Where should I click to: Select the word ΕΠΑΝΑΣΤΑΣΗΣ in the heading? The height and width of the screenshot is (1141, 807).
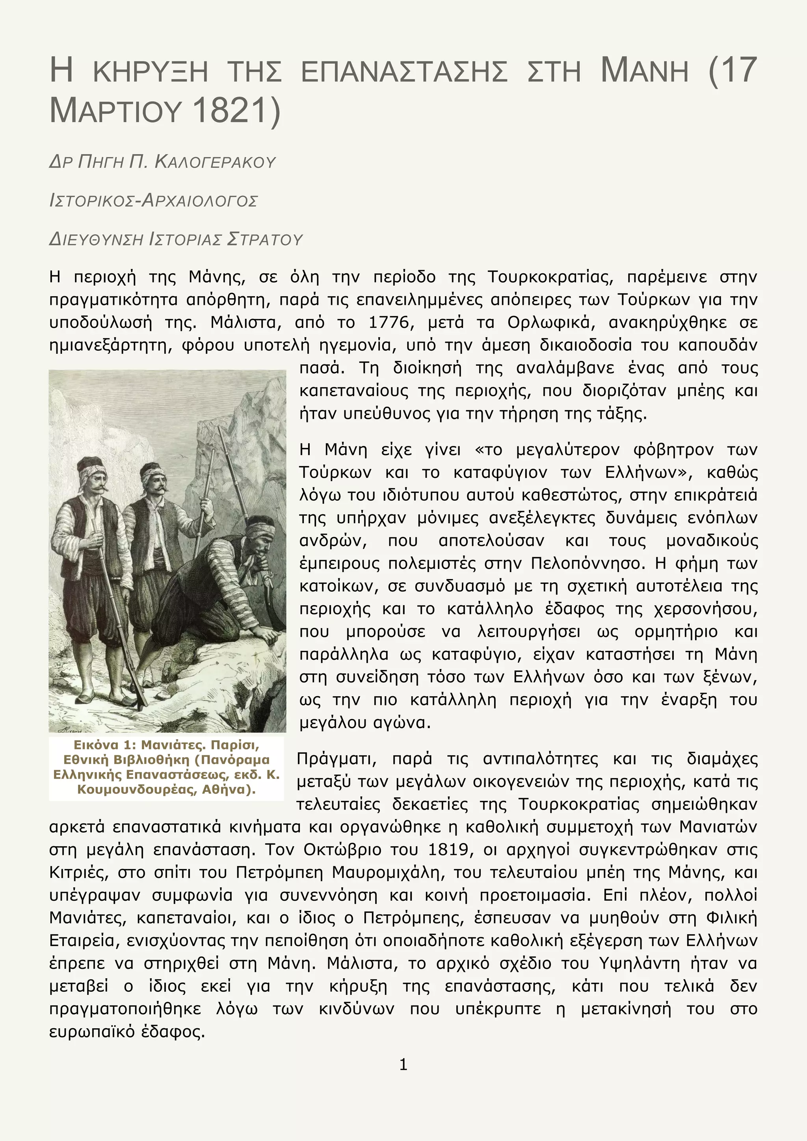[x=404, y=71]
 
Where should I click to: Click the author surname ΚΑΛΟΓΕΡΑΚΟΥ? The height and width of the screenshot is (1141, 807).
[x=215, y=162]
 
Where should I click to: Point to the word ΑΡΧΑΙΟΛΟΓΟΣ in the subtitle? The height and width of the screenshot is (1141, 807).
[x=199, y=201]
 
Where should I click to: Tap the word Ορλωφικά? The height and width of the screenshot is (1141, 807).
[x=551, y=323]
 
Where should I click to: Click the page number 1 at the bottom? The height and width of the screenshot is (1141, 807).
[x=403, y=1064]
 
